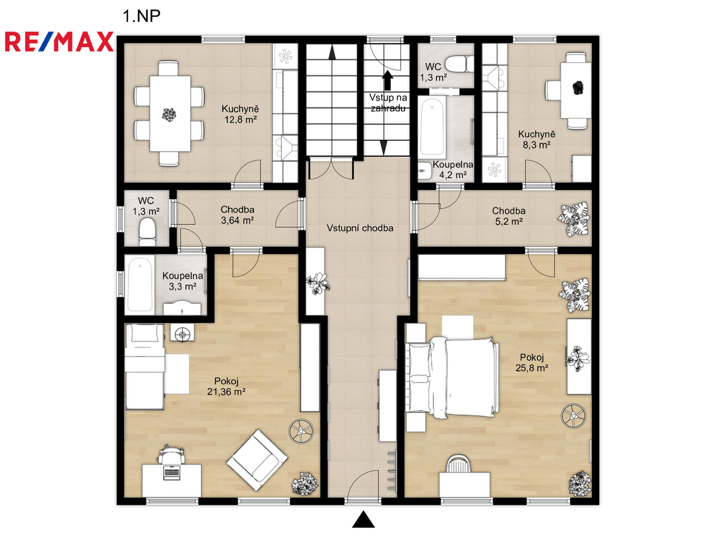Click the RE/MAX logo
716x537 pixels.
(59, 41)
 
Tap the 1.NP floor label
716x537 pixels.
(142, 16)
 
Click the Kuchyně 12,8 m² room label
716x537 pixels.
(240, 114)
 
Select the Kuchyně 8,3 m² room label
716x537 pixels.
(537, 139)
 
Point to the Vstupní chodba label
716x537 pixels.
(360, 228)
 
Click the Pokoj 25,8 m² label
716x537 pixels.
(532, 362)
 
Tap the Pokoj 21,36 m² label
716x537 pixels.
(226, 386)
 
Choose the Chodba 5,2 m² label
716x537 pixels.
(509, 216)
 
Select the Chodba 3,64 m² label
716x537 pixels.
(237, 215)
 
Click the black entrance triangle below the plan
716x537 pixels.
(363, 520)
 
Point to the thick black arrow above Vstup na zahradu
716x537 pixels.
(387, 80)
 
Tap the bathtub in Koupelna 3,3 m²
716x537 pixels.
(140, 284)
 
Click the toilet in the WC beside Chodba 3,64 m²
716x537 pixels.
(147, 232)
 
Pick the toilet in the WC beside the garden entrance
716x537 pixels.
(459, 64)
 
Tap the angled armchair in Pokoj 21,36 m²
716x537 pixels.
(257, 460)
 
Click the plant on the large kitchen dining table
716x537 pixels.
(169, 115)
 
